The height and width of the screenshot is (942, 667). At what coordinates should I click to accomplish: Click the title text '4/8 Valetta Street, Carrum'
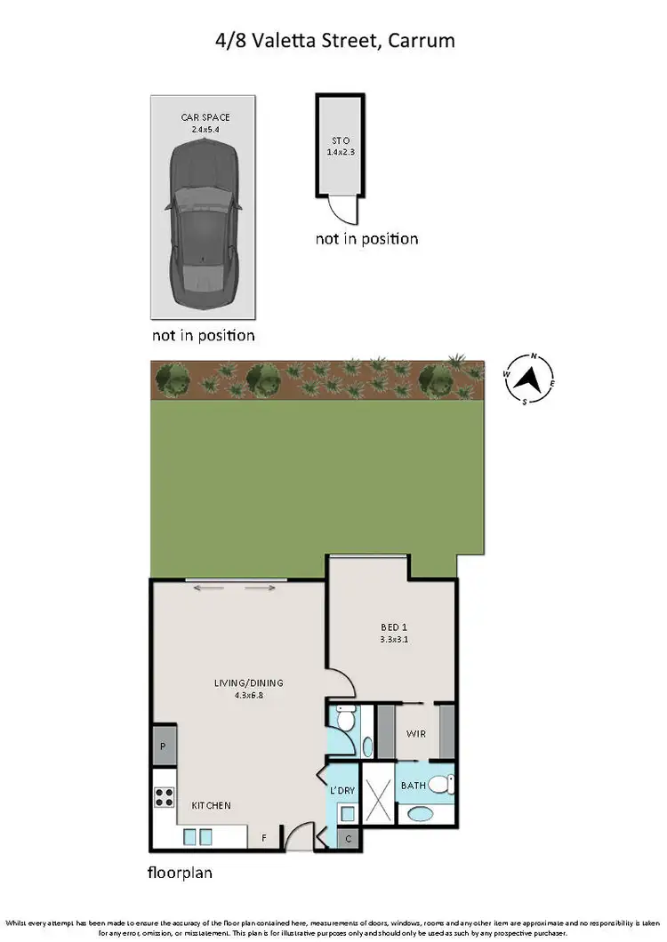click(x=333, y=41)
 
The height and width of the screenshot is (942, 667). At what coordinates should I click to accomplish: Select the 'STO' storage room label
click(x=338, y=140)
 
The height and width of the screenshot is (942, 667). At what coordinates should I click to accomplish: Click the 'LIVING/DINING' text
click(x=248, y=683)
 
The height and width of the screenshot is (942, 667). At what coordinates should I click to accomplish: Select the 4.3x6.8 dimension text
click(x=248, y=695)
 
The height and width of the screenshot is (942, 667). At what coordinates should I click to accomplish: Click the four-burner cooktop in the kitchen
click(x=164, y=797)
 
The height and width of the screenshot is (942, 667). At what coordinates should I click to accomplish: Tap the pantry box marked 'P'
click(x=163, y=746)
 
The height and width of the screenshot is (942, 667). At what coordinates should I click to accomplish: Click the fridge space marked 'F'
click(x=263, y=837)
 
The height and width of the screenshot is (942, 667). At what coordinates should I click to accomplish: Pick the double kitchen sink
click(x=197, y=836)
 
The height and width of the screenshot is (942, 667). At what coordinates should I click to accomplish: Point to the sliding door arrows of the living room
click(x=236, y=587)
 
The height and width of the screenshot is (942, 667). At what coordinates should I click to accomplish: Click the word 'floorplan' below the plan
click(x=180, y=873)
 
